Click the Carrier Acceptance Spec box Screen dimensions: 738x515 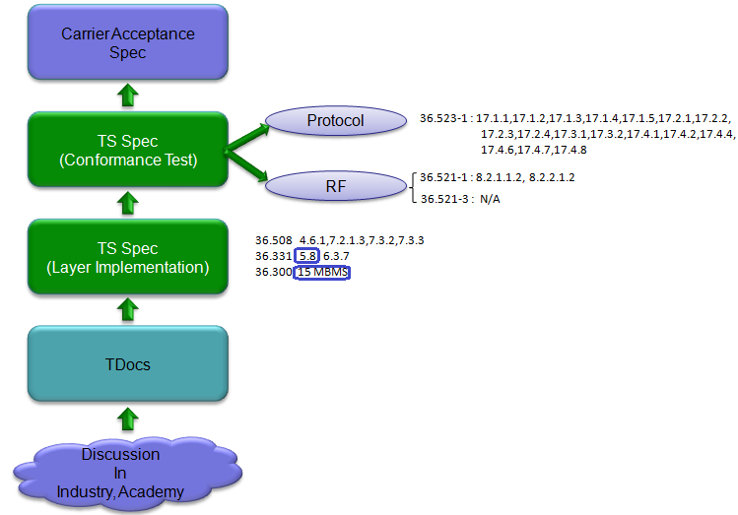[128, 42]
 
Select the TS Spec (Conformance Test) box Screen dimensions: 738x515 [128, 149]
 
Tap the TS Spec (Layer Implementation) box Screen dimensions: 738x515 [128, 257]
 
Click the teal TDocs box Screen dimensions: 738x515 [128, 363]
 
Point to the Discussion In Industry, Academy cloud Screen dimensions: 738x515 [127, 473]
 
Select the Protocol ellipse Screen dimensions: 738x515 [336, 121]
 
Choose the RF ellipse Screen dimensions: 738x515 [336, 186]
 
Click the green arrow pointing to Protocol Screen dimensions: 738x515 [246, 139]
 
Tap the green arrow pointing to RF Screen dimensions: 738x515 [246, 164]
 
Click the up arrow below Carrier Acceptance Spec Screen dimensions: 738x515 [127, 95]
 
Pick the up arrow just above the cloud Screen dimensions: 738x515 [127, 418]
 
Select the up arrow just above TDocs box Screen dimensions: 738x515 [127, 310]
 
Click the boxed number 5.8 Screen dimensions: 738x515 [306, 256]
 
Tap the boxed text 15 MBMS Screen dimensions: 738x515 [322, 273]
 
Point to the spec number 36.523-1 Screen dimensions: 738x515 [443, 118]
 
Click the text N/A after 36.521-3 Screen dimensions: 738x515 [490, 200]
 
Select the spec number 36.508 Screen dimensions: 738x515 [274, 240]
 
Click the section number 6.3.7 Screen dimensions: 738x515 [336, 256]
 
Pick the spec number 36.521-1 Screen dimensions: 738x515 [443, 177]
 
